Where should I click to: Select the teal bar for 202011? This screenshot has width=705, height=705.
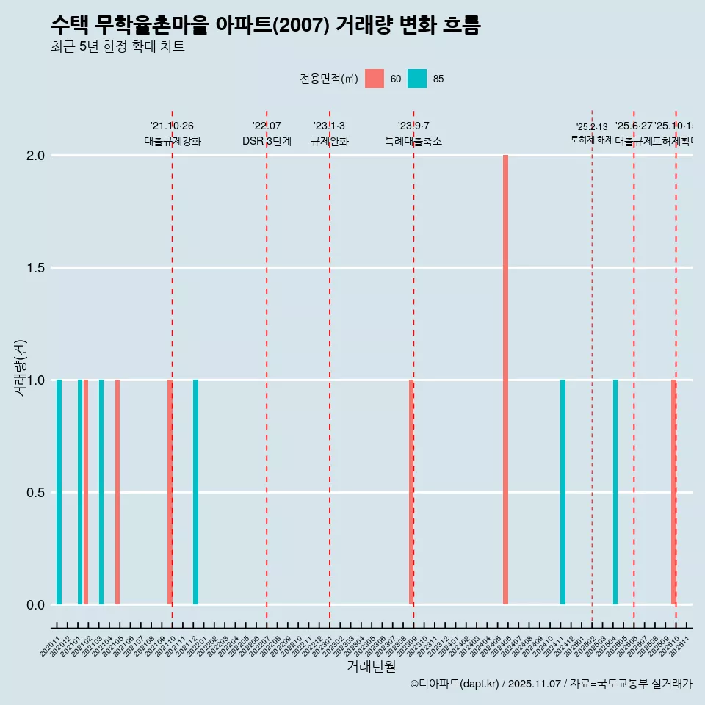click(x=59, y=492)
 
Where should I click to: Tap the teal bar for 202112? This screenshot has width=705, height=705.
click(x=195, y=492)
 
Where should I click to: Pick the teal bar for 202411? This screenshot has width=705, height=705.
click(x=563, y=492)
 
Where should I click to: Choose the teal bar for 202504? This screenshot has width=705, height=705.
click(x=615, y=492)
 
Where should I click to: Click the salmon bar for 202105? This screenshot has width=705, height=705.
click(x=117, y=492)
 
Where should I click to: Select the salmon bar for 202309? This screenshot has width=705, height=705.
click(x=411, y=492)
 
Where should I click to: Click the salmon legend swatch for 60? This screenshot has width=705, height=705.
click(x=375, y=79)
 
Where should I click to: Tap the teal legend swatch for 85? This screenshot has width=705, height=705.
click(x=417, y=79)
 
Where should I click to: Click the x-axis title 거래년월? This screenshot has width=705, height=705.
click(x=371, y=666)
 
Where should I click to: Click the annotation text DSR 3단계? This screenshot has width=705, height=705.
click(x=267, y=142)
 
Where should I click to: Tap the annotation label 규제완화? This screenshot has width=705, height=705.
click(x=329, y=142)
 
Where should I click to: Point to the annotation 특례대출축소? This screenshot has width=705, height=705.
click(x=413, y=142)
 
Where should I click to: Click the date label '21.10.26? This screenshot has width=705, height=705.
click(x=172, y=126)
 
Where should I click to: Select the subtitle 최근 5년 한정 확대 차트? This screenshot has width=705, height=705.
click(x=117, y=47)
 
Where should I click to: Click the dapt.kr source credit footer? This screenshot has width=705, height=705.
click(x=551, y=684)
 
